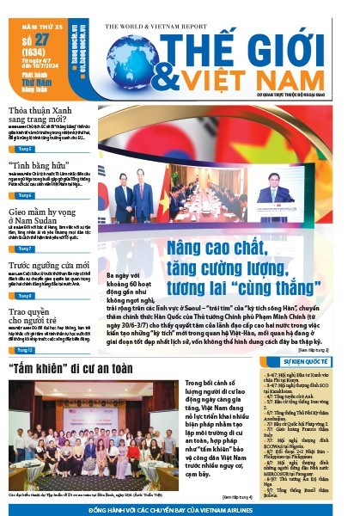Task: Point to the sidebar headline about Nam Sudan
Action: [x=39, y=214]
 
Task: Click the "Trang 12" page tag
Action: [x=26, y=350]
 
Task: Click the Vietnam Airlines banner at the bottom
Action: [x=180, y=507]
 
